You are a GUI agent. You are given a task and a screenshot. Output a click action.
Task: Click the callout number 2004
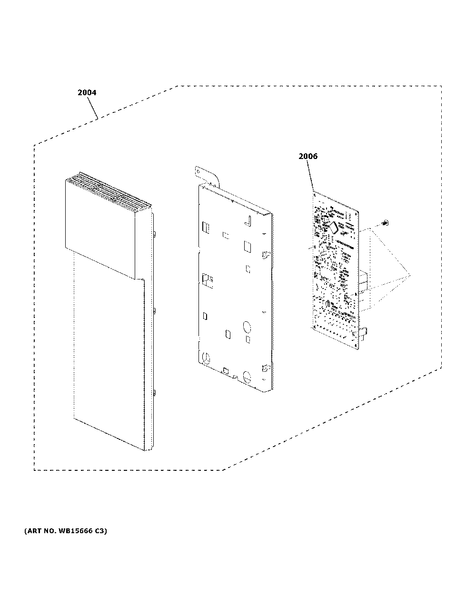pyautogui.click(x=87, y=93)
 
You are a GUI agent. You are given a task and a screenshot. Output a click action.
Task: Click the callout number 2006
pyautogui.click(x=308, y=156)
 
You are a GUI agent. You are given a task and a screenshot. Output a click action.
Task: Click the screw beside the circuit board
pyautogui.click(x=385, y=223)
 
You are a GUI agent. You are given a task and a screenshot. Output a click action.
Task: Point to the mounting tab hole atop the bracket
pyautogui.click(x=198, y=171)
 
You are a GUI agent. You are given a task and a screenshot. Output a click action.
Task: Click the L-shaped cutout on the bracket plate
pyautogui.click(x=248, y=221)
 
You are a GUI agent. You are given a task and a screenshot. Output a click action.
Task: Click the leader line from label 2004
pyautogui.click(x=92, y=108)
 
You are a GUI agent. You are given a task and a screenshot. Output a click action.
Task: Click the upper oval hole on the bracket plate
pyautogui.click(x=247, y=327)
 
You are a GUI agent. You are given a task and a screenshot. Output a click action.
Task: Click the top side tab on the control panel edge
pyautogui.click(x=154, y=234)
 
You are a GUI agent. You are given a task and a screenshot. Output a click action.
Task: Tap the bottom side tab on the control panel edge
pyautogui.click(x=154, y=393)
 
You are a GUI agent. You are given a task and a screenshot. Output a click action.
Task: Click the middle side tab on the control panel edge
pyautogui.click(x=154, y=311)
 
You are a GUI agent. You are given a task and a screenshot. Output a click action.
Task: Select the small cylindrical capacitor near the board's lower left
pyautogui.click(x=328, y=304)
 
